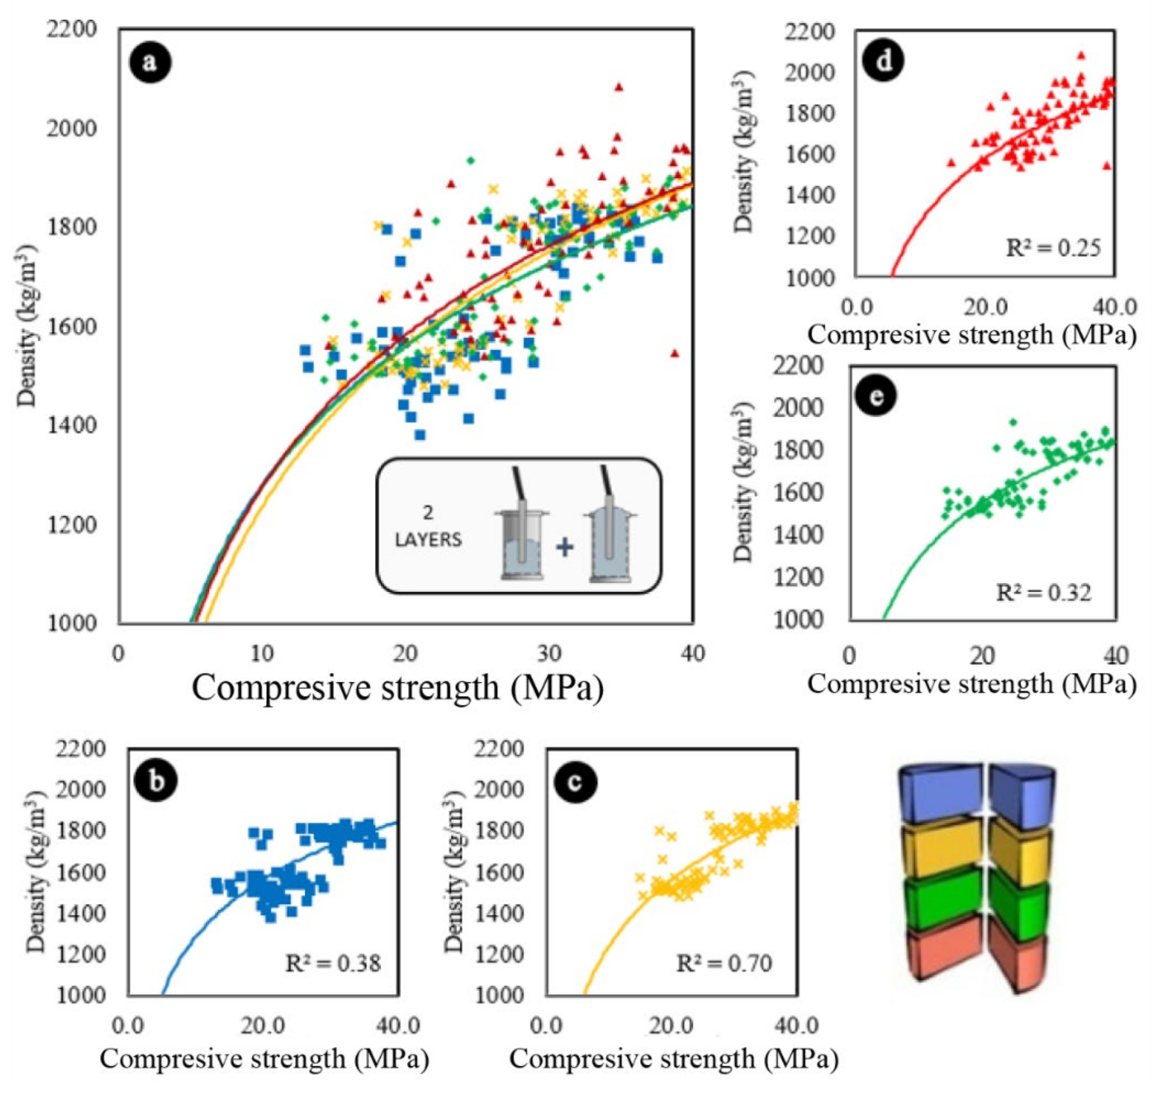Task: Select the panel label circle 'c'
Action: tap(575, 781)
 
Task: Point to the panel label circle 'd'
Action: tap(884, 61)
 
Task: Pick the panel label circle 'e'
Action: tap(876, 396)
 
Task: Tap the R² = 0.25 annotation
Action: tap(1053, 248)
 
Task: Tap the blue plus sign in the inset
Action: tap(564, 547)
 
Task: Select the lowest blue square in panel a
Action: tap(420, 434)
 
